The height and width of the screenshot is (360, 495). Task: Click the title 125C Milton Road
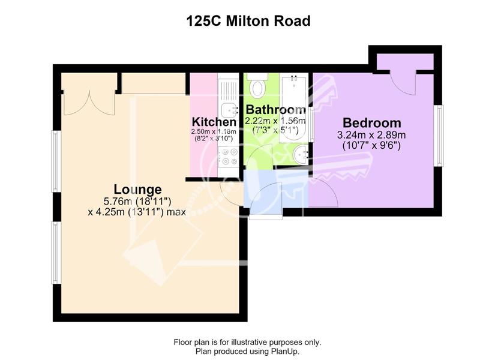click(248, 21)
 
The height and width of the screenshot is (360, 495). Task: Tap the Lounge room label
click(137, 190)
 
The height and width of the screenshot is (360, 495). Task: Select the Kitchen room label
click(214, 122)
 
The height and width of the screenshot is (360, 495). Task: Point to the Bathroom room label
click(275, 110)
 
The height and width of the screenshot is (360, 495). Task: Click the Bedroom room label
click(372, 122)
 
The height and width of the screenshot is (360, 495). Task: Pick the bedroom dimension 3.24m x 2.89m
click(371, 135)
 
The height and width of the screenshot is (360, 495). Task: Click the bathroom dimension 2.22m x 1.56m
click(275, 121)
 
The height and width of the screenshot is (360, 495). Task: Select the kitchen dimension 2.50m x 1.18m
click(214, 131)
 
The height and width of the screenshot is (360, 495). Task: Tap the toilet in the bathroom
click(257, 85)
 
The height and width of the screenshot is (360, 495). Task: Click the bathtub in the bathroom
click(294, 108)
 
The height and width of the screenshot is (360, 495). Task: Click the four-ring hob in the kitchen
click(228, 157)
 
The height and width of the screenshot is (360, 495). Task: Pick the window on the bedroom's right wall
click(439, 136)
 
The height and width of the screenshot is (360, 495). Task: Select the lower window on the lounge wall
click(56, 253)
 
